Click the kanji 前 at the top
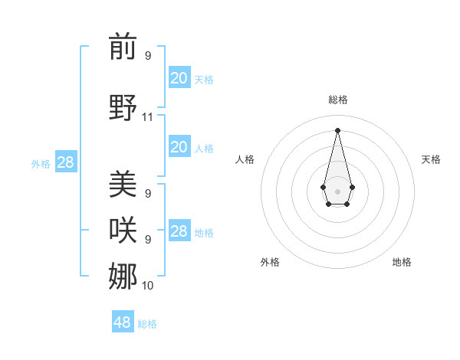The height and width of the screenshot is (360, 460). pyautogui.click(x=123, y=47)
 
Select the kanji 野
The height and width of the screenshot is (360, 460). pyautogui.click(x=123, y=107)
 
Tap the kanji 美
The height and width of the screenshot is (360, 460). pyautogui.click(x=123, y=184)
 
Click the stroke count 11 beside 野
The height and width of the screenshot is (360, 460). pyautogui.click(x=148, y=117)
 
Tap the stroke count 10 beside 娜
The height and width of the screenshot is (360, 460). pyautogui.click(x=148, y=286)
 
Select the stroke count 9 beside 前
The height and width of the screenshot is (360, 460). pyautogui.click(x=148, y=56)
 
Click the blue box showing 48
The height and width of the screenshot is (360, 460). pyautogui.click(x=123, y=322)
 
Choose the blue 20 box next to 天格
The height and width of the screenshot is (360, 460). pyautogui.click(x=179, y=77)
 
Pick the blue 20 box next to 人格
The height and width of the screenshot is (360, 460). pyautogui.click(x=179, y=147)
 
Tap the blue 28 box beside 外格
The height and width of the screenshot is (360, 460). pyautogui.click(x=65, y=162)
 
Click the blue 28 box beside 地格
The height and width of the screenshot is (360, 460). pyautogui.click(x=179, y=231)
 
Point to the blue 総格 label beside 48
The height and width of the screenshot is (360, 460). pyautogui.click(x=147, y=324)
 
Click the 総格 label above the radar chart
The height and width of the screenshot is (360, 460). pyautogui.click(x=338, y=100)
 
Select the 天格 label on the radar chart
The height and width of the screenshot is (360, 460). pyautogui.click(x=431, y=159)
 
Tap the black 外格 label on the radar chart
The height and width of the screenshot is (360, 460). pyautogui.click(x=270, y=262)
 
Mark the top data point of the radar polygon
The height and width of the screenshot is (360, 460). pyautogui.click(x=338, y=129)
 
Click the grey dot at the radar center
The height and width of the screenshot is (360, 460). pyautogui.click(x=338, y=191)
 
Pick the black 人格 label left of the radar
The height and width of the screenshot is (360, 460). pyautogui.click(x=245, y=159)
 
